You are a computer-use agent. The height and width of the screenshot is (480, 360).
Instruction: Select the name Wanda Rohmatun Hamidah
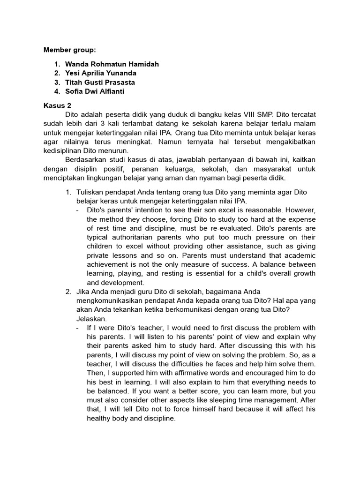tap(112, 64)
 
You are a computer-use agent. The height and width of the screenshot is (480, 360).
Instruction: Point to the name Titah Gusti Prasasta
tap(100, 82)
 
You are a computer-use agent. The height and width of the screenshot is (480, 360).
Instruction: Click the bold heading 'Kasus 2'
tap(55, 106)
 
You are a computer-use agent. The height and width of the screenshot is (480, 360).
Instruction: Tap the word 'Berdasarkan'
tap(88, 160)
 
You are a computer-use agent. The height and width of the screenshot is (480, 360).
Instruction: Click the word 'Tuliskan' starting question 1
tap(90, 193)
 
